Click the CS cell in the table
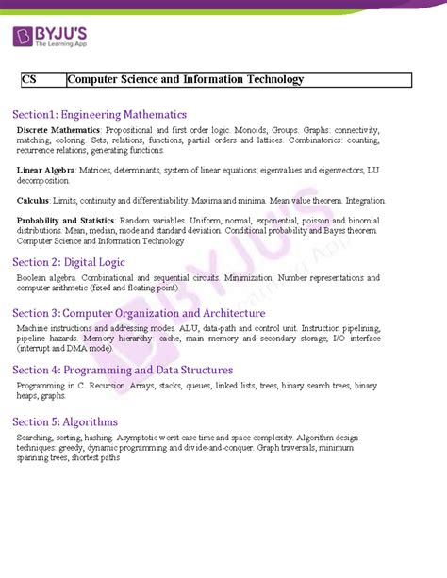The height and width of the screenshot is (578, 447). tap(29, 81)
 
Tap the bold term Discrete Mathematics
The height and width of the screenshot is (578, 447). tap(58, 128)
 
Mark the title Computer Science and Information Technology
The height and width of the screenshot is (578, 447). tap(187, 81)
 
